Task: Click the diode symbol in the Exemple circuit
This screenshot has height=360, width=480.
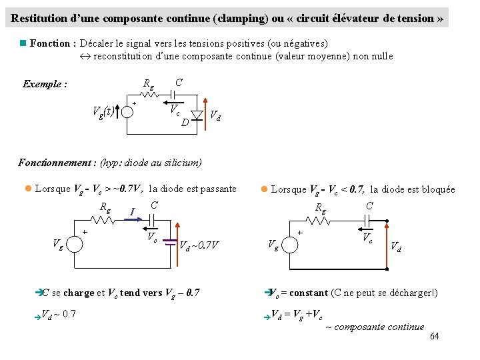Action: (197, 115)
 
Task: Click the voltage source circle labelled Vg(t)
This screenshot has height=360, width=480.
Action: (127, 111)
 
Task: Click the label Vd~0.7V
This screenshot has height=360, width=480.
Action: (200, 245)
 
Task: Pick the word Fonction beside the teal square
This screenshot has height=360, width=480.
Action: (50, 43)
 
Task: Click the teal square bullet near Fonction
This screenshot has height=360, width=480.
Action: (23, 43)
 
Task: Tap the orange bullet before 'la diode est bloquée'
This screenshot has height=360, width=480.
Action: (264, 189)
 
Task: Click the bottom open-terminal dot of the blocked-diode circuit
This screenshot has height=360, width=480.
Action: (387, 269)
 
